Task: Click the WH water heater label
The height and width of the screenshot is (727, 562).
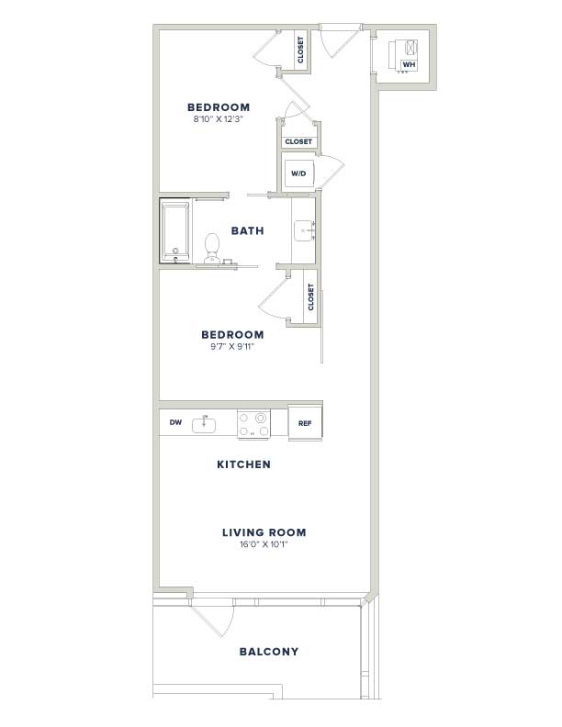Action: point(409,64)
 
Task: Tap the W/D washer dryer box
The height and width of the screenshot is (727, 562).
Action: point(299,173)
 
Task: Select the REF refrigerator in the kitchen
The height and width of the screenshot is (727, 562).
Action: point(305,423)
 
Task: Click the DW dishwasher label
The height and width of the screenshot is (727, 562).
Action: point(175,422)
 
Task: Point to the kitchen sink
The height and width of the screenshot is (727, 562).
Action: point(204,424)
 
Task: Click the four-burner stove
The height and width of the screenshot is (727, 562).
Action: point(254,424)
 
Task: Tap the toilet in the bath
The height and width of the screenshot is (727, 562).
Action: point(212,248)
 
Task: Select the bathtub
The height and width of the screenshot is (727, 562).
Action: point(175,231)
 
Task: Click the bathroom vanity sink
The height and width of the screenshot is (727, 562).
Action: point(304,231)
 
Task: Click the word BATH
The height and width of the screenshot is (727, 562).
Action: point(248,230)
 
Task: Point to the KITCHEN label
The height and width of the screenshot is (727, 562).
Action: point(244,464)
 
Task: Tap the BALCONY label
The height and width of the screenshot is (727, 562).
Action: point(269,652)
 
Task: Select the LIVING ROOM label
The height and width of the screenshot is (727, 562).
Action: point(264,532)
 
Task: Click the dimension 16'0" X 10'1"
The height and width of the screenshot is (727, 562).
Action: point(264,544)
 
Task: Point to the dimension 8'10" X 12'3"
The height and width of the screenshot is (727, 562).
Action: point(219,119)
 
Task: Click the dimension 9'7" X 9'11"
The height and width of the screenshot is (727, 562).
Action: point(232,346)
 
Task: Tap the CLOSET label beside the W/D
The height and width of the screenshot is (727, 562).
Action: point(298,142)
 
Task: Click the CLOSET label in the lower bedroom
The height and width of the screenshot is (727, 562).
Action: point(310,297)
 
